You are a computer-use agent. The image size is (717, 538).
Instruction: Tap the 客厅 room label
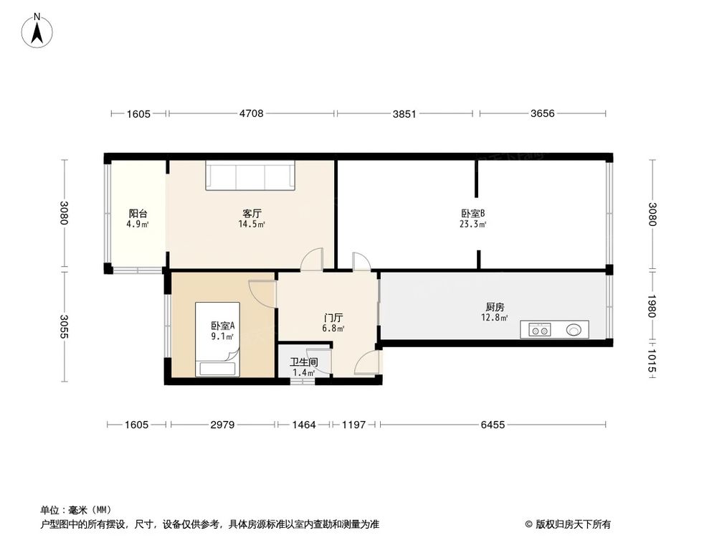pos(252,213)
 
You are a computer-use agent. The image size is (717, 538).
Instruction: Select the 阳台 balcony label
pos(138,213)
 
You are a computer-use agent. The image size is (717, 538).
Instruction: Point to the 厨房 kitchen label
pos(495,306)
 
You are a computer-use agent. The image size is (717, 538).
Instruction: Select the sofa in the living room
pos(251,176)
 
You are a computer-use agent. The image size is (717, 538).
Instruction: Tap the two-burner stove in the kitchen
pos(539,331)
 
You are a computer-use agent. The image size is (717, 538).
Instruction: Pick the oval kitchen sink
pos(574,331)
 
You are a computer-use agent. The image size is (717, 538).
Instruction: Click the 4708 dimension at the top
pos(251,113)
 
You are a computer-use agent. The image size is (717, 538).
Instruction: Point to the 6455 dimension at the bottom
pos(493,425)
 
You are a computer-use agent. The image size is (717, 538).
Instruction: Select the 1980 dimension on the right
pos(652,308)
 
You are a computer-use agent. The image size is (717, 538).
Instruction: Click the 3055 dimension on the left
pos(65,327)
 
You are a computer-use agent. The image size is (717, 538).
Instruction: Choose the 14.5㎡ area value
pos(252,225)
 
